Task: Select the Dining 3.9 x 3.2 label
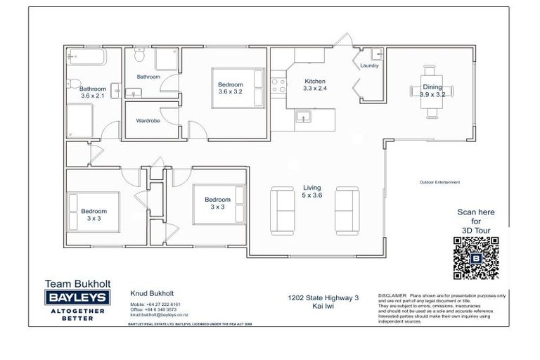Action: (x=432, y=91)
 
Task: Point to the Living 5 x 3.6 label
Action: (x=311, y=191)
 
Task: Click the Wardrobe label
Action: (x=148, y=121)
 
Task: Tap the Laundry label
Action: (x=369, y=66)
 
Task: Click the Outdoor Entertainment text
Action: (x=439, y=183)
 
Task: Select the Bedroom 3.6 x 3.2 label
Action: (x=230, y=88)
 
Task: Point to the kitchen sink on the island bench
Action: (x=304, y=117)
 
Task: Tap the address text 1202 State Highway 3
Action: (x=323, y=298)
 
